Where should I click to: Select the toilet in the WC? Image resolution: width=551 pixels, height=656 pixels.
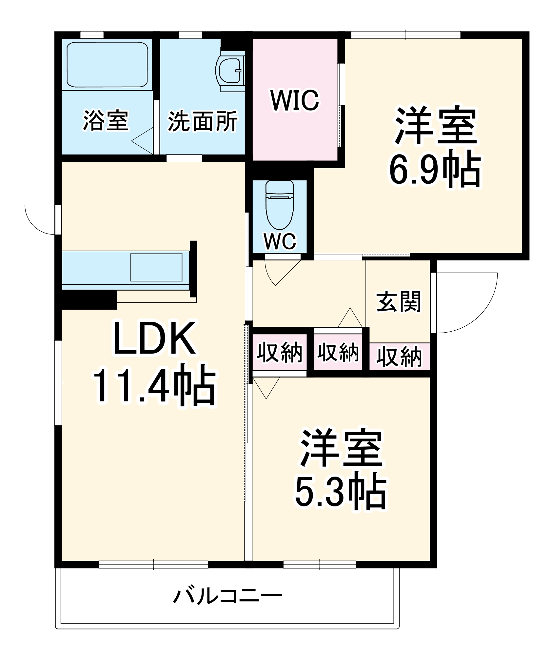pos(280,205)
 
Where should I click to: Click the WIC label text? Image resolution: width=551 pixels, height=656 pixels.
pos(294,100)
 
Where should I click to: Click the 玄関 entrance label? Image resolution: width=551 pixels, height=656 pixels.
pos(398,301)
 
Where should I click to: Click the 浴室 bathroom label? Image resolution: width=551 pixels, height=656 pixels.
pos(106,120)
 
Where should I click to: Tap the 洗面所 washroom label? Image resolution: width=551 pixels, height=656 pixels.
pos(203,121)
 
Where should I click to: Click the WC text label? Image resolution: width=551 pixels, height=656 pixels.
pos(280,241)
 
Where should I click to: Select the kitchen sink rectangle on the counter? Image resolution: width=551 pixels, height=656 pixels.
pos(156,267)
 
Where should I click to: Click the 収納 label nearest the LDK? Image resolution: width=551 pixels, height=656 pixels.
pos(279,352)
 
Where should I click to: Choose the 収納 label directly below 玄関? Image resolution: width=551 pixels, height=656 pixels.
pos(399,357)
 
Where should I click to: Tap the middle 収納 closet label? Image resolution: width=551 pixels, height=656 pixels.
pos(338,352)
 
